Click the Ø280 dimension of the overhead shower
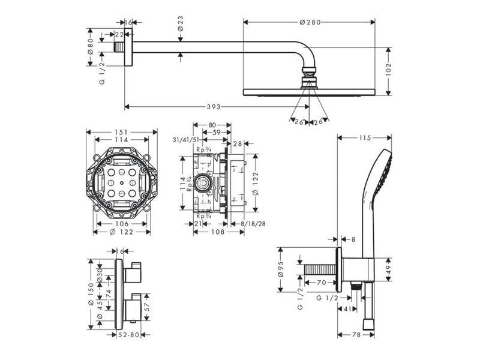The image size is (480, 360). [x=310, y=22]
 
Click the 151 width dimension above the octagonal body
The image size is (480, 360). [x=121, y=132]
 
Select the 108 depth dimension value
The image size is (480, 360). [x=220, y=231]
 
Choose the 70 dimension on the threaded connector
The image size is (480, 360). [x=321, y=282]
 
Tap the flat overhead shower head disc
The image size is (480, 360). [x=309, y=92]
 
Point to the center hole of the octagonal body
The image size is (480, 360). [x=122, y=181]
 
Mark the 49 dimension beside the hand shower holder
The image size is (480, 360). [x=388, y=268]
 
